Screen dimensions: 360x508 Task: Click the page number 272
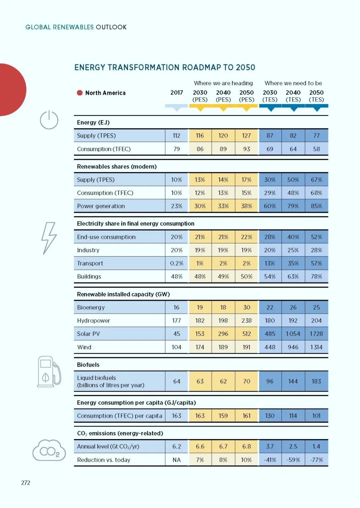point(26,483)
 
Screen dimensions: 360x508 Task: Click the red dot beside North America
point(80,93)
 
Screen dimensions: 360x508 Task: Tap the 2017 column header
point(176,93)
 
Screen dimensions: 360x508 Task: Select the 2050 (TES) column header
point(316,96)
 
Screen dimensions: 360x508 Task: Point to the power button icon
point(49,120)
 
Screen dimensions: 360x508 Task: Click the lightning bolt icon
point(49,238)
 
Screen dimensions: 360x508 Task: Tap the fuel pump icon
point(49,371)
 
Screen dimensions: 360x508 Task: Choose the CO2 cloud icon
point(49,450)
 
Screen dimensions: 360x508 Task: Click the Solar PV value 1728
point(316,334)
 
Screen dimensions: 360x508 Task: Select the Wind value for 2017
point(176,347)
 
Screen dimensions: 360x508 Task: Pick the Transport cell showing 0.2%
point(176,263)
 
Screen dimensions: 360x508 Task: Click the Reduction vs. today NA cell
point(176,460)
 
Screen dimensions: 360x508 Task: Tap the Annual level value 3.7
point(270,446)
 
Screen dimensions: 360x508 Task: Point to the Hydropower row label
point(93,320)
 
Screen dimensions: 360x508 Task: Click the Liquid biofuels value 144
point(293,381)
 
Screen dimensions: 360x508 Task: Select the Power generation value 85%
point(316,206)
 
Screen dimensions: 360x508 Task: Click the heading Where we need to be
point(293,83)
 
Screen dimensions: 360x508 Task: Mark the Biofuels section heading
point(88,365)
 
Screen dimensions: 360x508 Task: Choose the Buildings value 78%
point(316,276)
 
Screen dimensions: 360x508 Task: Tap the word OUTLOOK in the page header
point(111,27)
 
